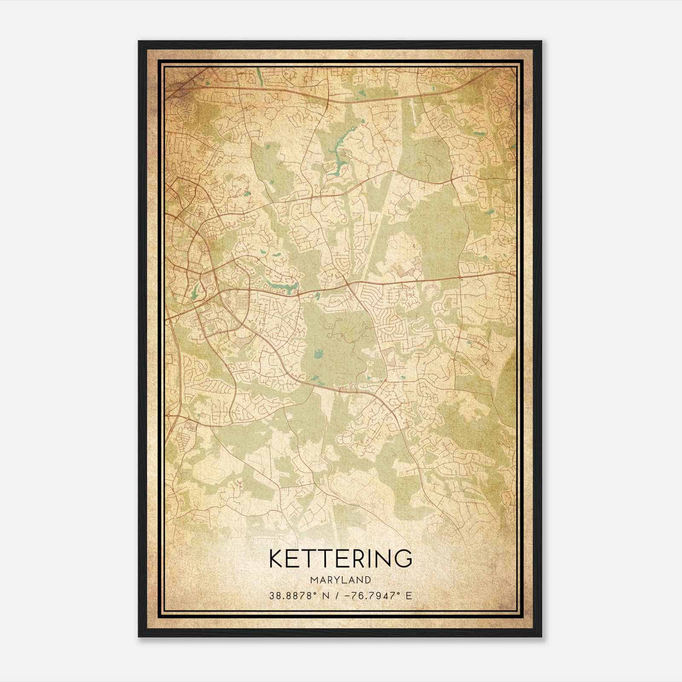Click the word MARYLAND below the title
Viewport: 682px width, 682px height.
pos(340,580)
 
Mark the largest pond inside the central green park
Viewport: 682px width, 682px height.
pos(317,354)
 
